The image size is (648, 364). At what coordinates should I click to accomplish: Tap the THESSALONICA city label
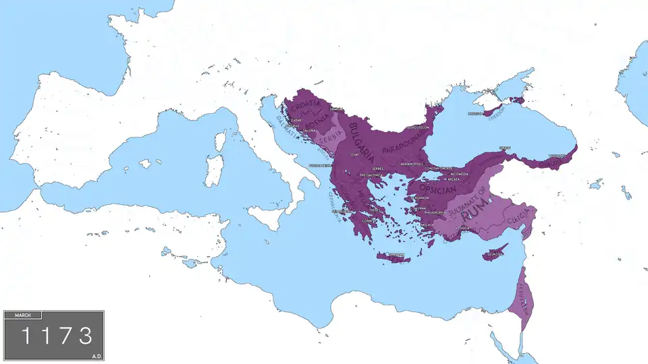(x=371, y=175)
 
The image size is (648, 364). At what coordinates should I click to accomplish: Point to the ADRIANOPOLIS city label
(x=411, y=164)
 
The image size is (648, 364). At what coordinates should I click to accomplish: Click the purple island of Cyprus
(x=495, y=255)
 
